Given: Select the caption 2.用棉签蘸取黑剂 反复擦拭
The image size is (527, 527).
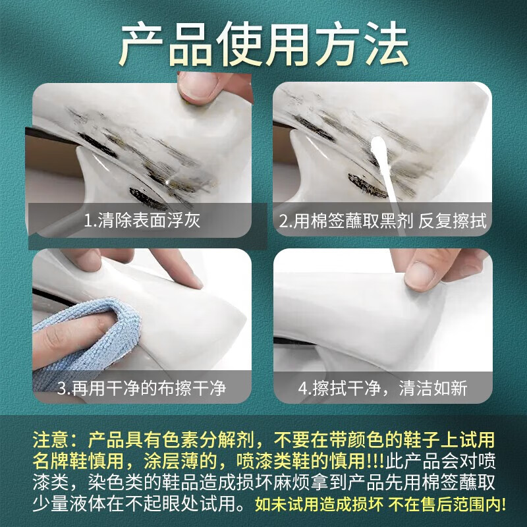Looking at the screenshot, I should (383, 221).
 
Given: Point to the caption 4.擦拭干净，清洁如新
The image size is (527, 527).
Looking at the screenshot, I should (383, 388).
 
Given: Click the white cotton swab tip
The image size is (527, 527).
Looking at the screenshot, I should (380, 147).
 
